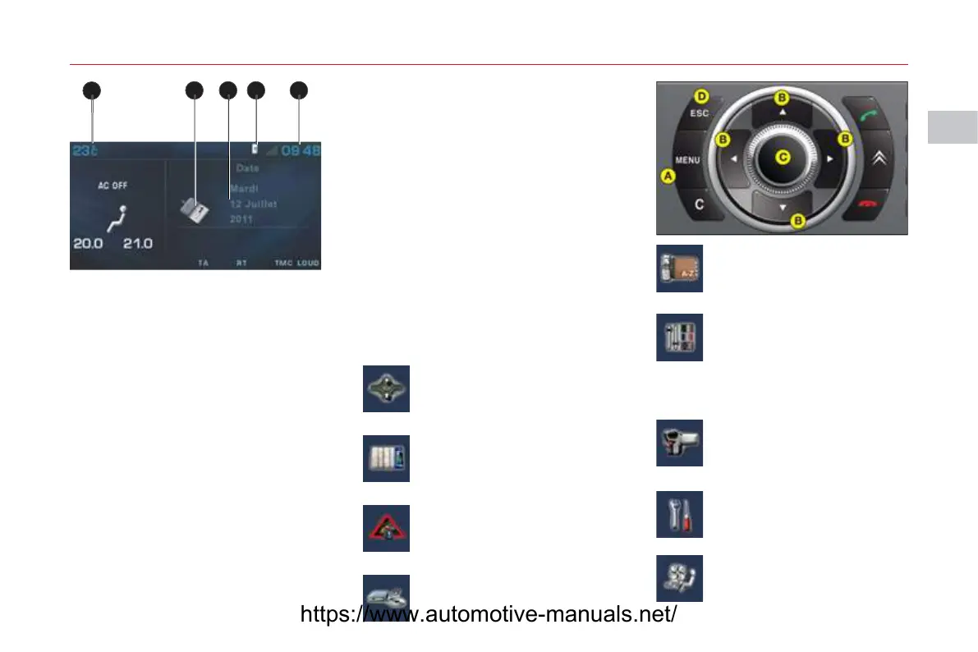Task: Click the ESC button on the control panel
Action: [x=699, y=113]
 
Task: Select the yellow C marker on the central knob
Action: [x=783, y=156]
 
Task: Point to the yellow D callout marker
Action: [x=701, y=95]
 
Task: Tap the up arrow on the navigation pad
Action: [x=783, y=111]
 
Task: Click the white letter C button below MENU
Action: [x=700, y=205]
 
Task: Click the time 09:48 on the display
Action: [x=301, y=151]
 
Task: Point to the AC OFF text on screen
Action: [x=112, y=186]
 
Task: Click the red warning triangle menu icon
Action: [x=386, y=528]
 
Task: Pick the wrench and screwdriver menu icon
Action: [x=679, y=515]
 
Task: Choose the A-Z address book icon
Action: [x=679, y=268]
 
